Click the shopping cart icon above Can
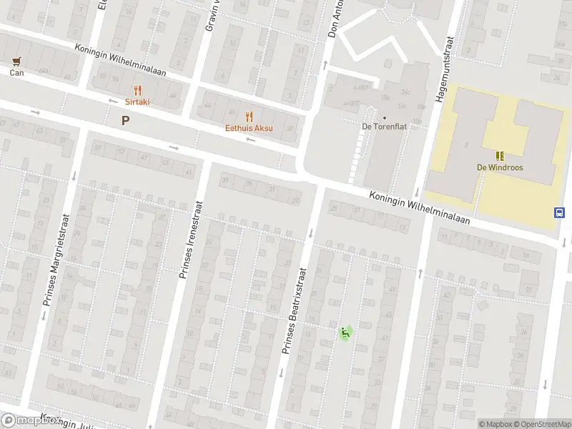click(16, 61)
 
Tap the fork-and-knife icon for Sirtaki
click(137, 90)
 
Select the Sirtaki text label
click(137, 102)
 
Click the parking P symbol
click(126, 121)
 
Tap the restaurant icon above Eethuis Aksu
click(249, 117)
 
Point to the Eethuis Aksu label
click(249, 129)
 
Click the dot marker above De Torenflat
click(385, 118)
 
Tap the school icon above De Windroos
click(500, 155)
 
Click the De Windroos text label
click(500, 167)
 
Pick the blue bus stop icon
click(558, 212)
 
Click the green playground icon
click(345, 332)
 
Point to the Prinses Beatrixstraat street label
click(293, 311)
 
